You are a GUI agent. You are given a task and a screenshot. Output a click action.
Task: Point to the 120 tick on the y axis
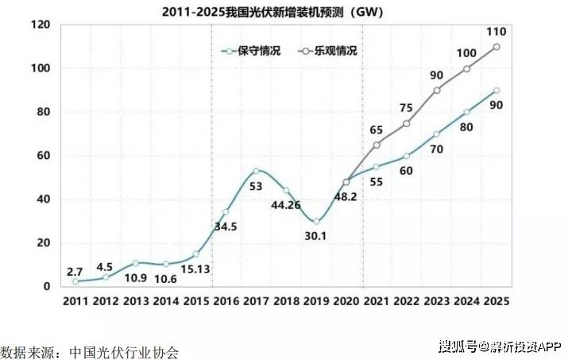40,25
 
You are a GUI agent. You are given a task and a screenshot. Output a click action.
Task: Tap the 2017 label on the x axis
256,301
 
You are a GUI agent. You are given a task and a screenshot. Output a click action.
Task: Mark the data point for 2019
316,221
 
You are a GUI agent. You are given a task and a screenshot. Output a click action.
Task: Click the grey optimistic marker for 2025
497,47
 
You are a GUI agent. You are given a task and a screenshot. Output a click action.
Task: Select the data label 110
497,31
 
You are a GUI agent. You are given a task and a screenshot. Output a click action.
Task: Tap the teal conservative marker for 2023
436,134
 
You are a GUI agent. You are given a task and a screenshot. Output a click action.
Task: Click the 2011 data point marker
75,281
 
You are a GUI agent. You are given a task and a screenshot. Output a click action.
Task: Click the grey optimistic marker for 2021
376,145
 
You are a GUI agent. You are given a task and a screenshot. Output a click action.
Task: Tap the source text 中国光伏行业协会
123,350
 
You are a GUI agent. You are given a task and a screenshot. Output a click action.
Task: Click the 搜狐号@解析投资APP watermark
500,346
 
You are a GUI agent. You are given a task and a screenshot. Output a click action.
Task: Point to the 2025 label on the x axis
497,301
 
